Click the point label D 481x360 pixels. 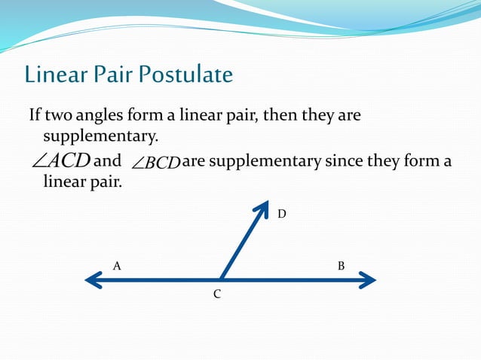pyautogui.click(x=281, y=215)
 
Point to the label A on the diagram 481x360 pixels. pyautogui.click(x=117, y=266)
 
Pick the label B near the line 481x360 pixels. pyautogui.click(x=342, y=266)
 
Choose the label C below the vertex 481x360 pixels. pyautogui.click(x=216, y=294)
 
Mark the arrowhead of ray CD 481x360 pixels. pyautogui.click(x=263, y=207)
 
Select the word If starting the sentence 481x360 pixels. pyautogui.click(x=35, y=117)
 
